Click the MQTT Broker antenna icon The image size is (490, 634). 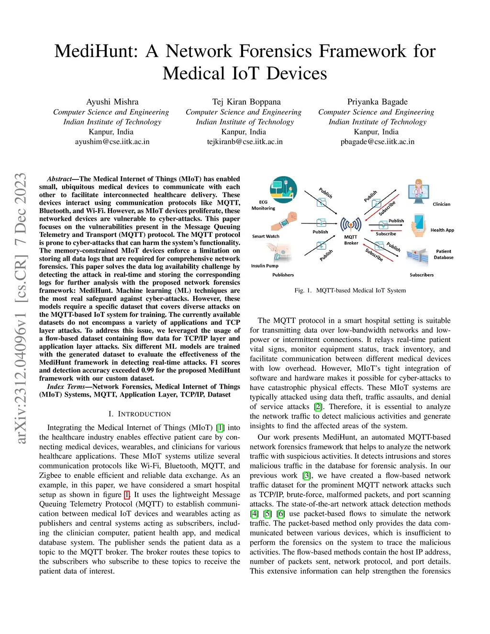tap(351, 224)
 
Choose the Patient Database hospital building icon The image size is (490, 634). tap(417, 256)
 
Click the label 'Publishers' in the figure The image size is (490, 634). tap(283, 275)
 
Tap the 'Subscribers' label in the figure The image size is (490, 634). tap(422, 275)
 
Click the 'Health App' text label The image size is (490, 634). tap(442, 230)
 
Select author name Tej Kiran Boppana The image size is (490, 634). tap(246, 102)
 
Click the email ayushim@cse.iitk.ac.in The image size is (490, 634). tap(112, 142)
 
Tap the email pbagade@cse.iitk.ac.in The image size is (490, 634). tap(378, 142)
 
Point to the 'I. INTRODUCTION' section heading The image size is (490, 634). tap(139, 414)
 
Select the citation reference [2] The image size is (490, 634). tap(318, 407)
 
